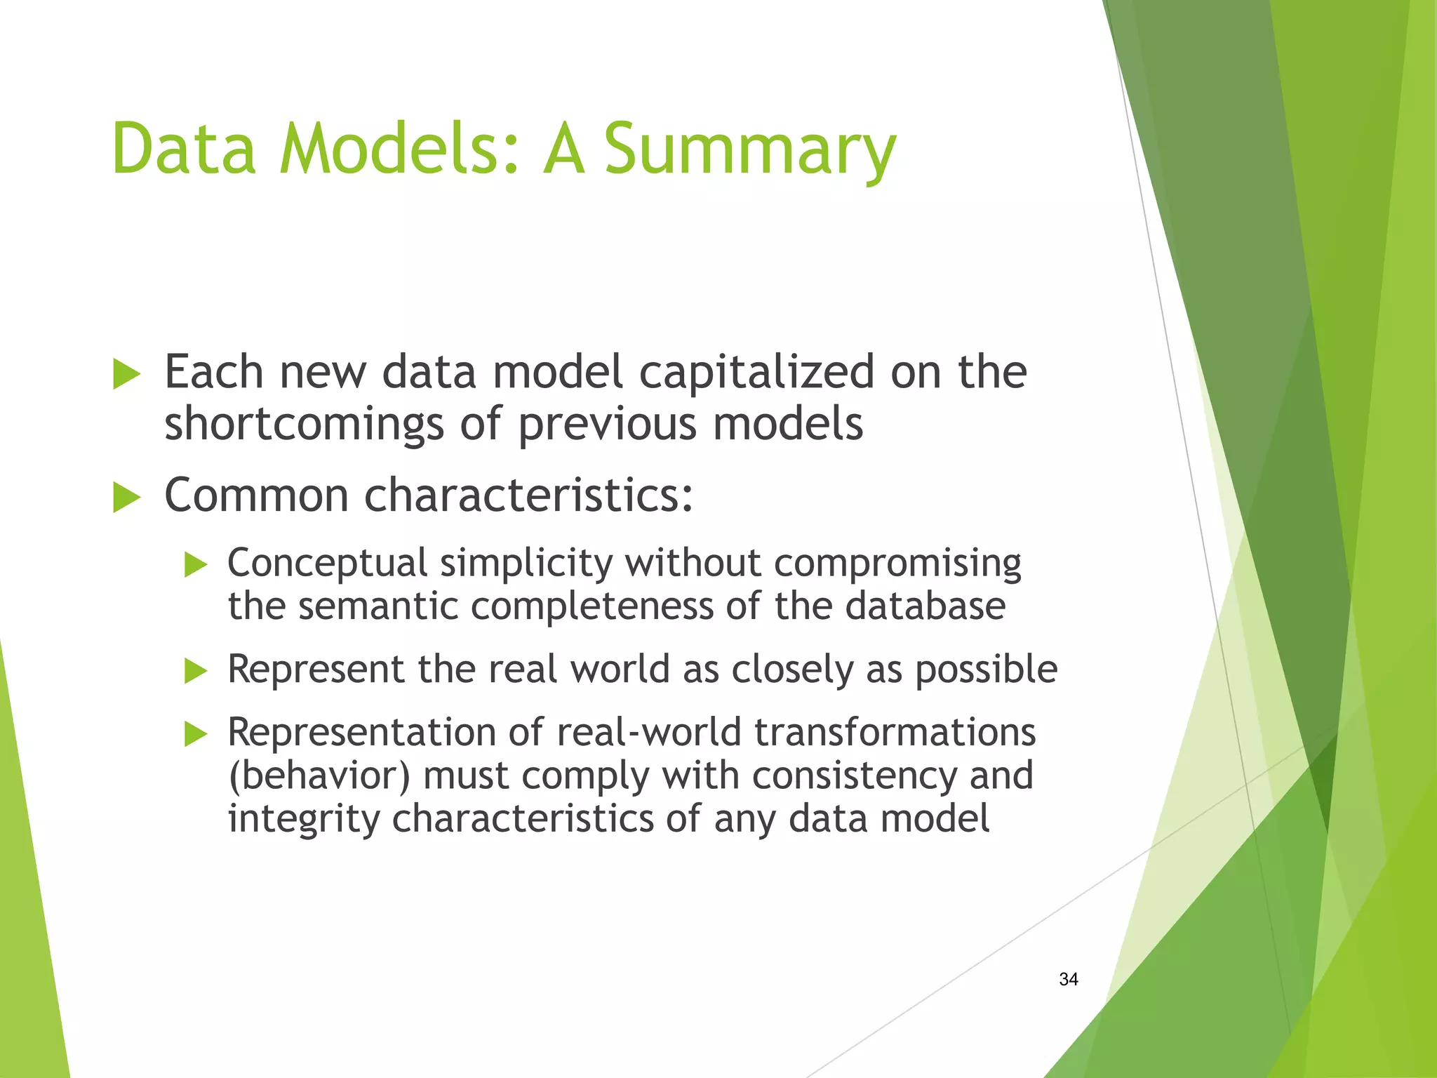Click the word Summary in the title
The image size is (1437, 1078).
749,149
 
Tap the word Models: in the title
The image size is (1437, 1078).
400,149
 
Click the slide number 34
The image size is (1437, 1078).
1068,979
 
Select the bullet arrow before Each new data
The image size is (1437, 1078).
127,373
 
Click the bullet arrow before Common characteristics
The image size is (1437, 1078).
127,498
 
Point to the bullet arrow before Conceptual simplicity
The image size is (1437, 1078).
196,564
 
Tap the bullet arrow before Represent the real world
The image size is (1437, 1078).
196,671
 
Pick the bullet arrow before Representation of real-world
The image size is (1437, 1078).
196,734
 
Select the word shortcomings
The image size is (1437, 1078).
304,425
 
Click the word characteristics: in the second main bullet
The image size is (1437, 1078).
528,495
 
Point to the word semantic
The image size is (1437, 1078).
377,606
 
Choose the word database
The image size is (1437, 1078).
925,606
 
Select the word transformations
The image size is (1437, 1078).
895,733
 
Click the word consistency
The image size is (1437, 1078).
854,776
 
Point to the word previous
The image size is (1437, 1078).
607,425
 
